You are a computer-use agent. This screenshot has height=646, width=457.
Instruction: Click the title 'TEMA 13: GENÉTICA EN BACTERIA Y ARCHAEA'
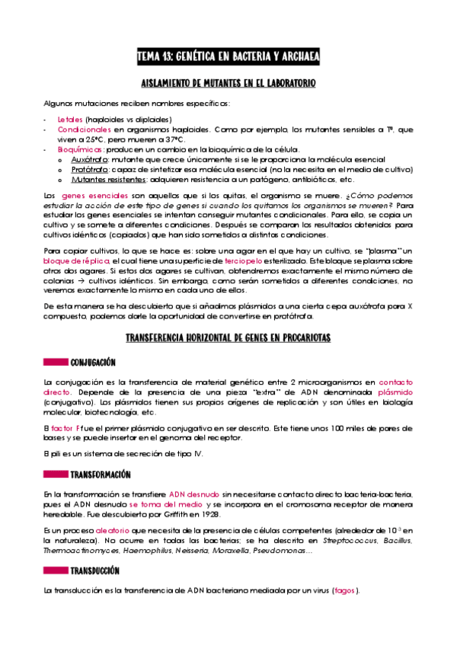point(228,57)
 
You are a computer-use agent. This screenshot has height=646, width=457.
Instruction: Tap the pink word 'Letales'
point(70,120)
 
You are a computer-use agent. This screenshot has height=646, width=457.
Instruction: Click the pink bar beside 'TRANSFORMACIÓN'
point(55,473)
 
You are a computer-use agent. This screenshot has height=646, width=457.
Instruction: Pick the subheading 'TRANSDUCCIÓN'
point(94,571)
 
